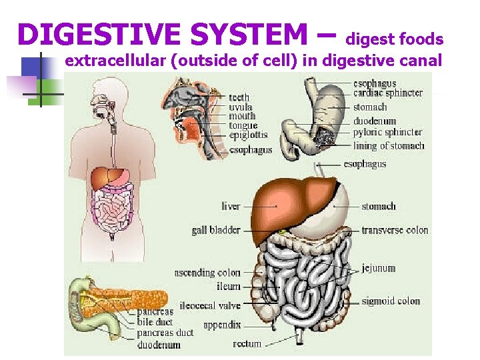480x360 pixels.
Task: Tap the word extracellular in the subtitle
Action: pos(116,61)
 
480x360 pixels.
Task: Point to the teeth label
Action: pos(239,97)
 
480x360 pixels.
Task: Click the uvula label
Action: pos(240,107)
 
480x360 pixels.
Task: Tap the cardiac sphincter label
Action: pos(388,93)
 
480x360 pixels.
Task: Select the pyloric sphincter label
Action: pos(387,132)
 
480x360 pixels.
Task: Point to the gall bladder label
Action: pos(216,230)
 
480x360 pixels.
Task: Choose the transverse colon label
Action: pos(395,230)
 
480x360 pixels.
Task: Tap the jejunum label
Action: pos(379,268)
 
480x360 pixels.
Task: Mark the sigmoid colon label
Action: pos(391,301)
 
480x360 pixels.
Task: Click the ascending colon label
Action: pos(207,273)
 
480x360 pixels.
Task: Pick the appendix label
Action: pos(221,325)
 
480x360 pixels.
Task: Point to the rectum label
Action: pos(247,344)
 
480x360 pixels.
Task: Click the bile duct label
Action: pos(155,322)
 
